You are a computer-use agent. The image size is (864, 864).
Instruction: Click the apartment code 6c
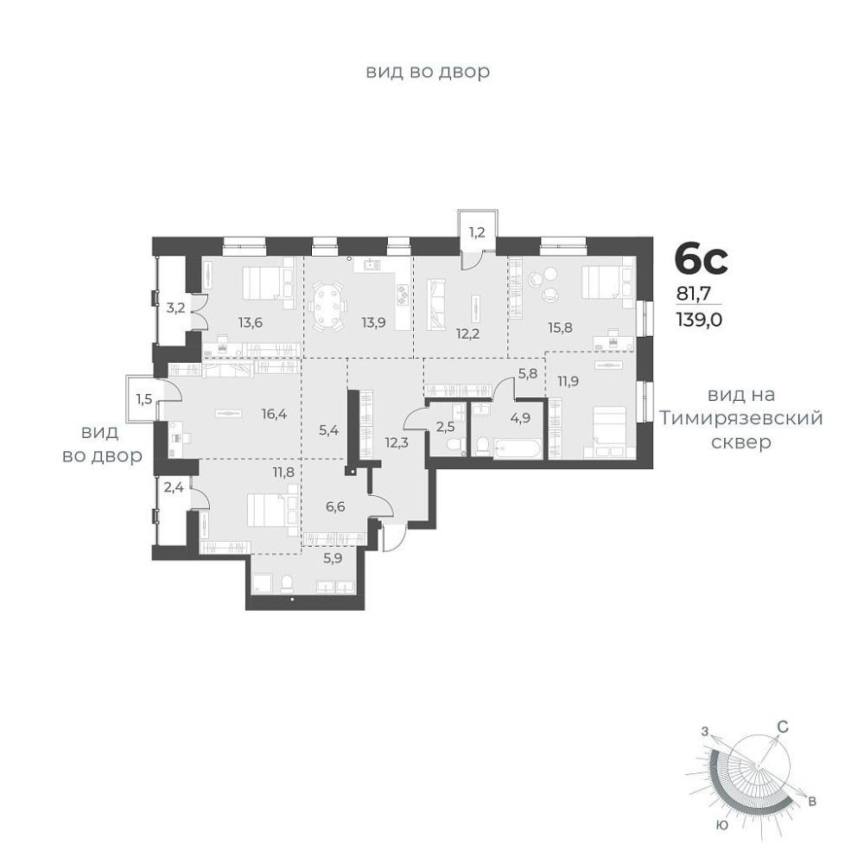pos(702,259)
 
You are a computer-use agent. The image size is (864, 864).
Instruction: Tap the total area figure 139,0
pos(699,320)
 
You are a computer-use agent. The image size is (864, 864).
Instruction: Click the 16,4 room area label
pos(274,413)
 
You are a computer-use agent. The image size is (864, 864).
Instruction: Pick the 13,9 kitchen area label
pos(373,322)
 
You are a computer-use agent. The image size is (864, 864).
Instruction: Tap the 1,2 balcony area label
pos(477,232)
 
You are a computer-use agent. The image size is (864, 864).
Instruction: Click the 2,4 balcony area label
pos(174,486)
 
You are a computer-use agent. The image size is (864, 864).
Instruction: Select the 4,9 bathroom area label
pos(521,417)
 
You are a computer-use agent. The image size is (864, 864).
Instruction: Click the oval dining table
pos(327,307)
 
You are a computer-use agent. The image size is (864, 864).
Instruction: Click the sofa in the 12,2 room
pos(435,304)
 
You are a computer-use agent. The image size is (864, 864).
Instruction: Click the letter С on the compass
pos(783,727)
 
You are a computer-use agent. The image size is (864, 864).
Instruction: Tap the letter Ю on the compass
pos(721,825)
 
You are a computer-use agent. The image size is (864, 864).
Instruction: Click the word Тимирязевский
pos(741,418)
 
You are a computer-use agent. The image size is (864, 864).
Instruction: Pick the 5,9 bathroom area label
pos(333,558)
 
